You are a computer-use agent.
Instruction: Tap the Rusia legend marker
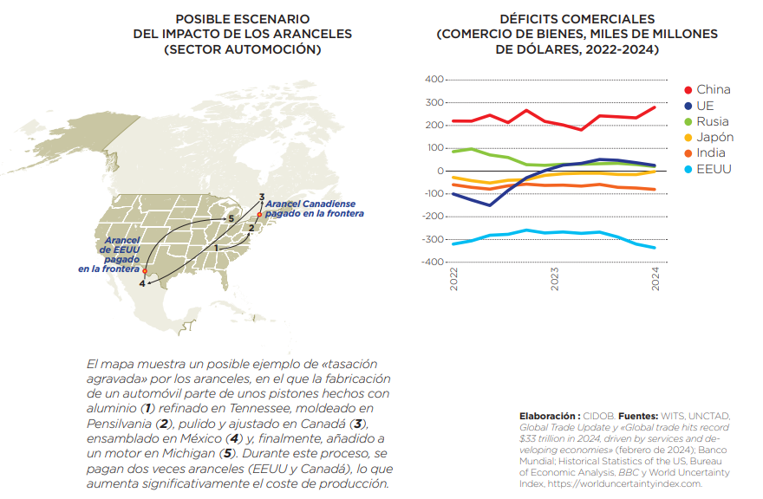(688, 121)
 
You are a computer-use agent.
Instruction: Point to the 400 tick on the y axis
(432, 80)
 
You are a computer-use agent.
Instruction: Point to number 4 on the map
(142, 283)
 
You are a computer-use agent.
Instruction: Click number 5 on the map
(231, 219)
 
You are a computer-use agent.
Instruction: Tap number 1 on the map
(216, 248)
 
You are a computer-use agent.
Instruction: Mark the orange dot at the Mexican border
(145, 272)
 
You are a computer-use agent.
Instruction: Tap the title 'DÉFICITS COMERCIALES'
(577, 18)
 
